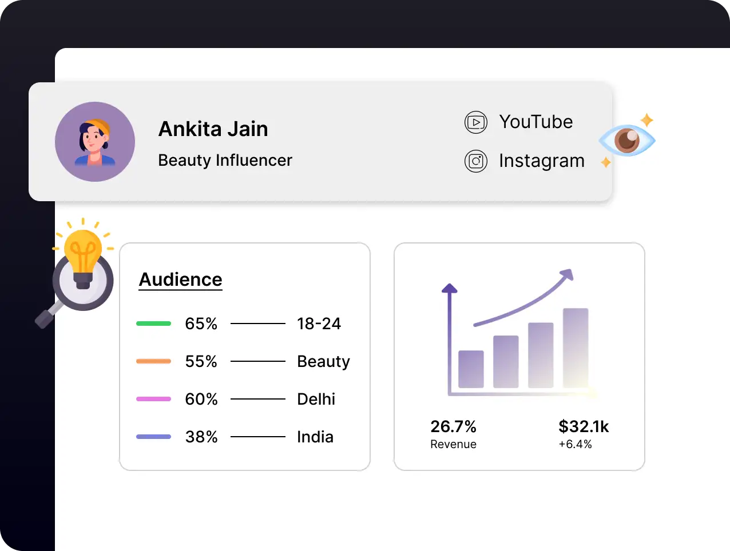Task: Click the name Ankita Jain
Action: (213, 129)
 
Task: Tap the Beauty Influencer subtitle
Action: (225, 161)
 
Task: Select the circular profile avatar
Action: (95, 142)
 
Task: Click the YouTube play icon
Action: (476, 122)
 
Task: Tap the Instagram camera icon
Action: (476, 161)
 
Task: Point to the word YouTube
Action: (535, 122)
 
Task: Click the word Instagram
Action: (541, 161)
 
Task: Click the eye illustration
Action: (626, 140)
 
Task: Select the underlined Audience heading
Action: (180, 280)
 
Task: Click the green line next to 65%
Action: (153, 324)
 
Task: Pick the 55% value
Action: (201, 361)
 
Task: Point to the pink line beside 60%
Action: (153, 399)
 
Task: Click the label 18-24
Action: (319, 324)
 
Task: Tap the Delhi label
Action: (316, 399)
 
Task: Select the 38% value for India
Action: (201, 437)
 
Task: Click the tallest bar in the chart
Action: (576, 348)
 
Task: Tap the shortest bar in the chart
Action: (471, 369)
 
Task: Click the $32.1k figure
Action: (584, 426)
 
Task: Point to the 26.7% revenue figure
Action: (453, 426)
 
